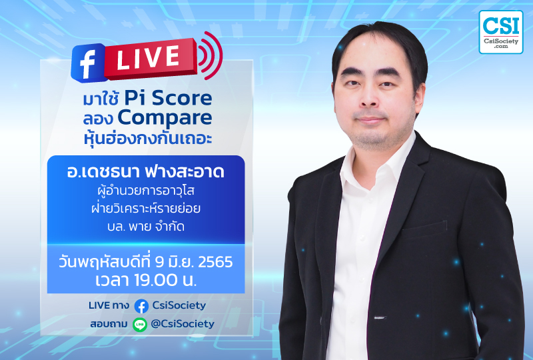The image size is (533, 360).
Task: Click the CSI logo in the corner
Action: pos(501,32)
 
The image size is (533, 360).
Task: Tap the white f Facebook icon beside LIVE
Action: pos(88,63)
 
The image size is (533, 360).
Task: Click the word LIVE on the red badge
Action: pos(148,57)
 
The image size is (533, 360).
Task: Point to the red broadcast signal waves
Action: pos(211,55)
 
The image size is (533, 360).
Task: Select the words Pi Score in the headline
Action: pos(168,98)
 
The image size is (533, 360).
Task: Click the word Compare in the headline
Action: pos(165,119)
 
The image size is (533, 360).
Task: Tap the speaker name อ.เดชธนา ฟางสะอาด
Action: pos(146,171)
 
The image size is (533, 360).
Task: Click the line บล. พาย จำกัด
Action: pos(146,226)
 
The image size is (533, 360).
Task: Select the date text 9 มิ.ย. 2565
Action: pos(194,262)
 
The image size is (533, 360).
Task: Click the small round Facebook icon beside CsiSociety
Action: pos(141,306)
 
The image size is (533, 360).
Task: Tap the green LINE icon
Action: pos(140,325)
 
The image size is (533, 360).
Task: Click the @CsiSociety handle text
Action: pos(183,324)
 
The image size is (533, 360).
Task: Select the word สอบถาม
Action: pos(109,324)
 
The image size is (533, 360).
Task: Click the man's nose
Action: pos(370,97)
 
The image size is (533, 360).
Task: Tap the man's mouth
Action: pos(370,120)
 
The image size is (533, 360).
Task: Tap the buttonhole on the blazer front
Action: pos(380,318)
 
